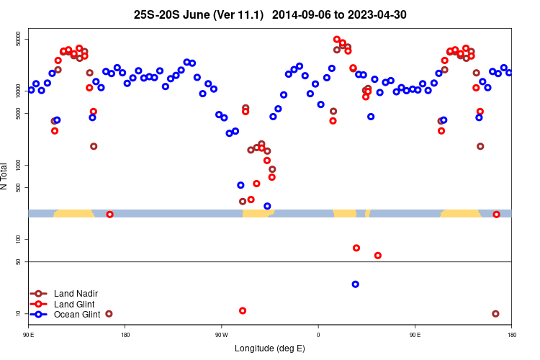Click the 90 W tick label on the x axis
click(x=221, y=335)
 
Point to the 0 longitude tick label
click(x=318, y=335)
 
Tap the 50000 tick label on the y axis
click(x=19, y=39)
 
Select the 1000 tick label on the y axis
click(x=19, y=165)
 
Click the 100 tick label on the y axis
click(x=19, y=239)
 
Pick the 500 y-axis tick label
click(x=19, y=188)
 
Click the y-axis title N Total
click(x=6, y=176)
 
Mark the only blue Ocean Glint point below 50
click(x=355, y=284)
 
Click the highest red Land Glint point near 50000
click(x=337, y=40)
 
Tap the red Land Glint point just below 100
click(x=356, y=248)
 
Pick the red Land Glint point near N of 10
click(x=243, y=310)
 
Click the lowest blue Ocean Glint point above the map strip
click(x=267, y=206)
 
